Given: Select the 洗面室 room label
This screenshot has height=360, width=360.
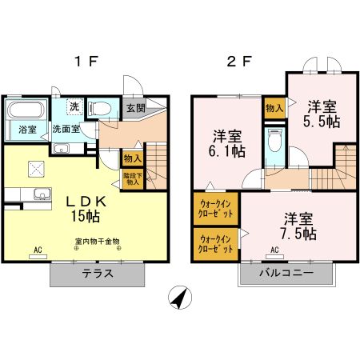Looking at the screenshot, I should [x=66, y=128].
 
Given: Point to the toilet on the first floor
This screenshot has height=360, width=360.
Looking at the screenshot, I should [x=100, y=108].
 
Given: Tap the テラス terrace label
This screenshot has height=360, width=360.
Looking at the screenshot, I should [x=97, y=273].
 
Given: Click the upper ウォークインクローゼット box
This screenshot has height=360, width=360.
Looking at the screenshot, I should [x=214, y=210].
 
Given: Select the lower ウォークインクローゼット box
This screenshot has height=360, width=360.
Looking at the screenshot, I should [x=214, y=242].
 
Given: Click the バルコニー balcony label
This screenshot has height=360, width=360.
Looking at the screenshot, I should [x=286, y=273].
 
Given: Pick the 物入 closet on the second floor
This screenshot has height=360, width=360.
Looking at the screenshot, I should [x=274, y=108].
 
